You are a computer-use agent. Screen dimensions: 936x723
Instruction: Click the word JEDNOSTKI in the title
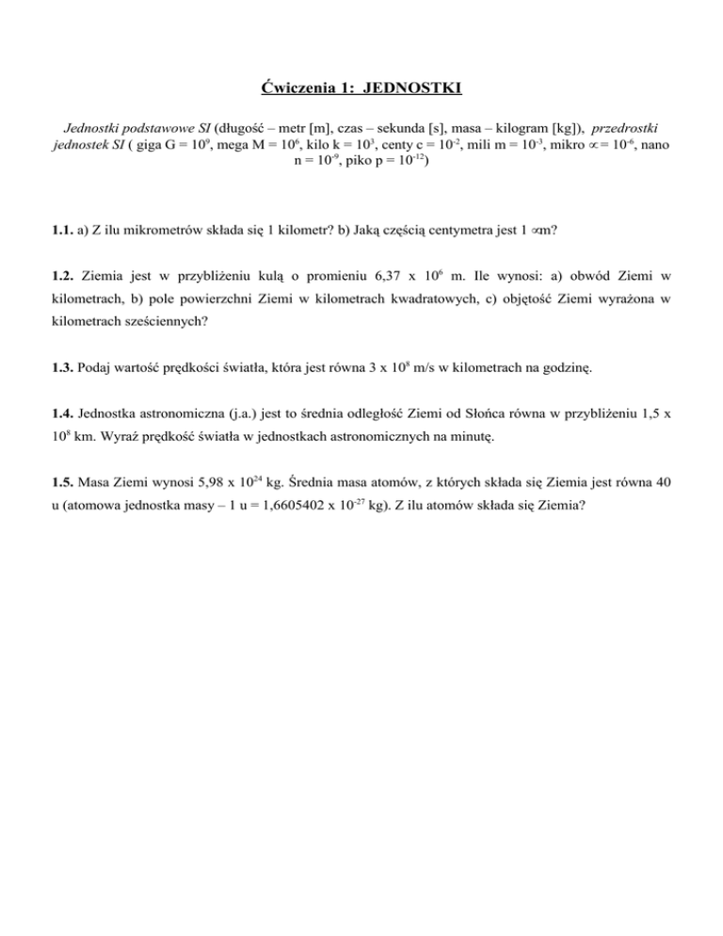[x=411, y=90]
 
